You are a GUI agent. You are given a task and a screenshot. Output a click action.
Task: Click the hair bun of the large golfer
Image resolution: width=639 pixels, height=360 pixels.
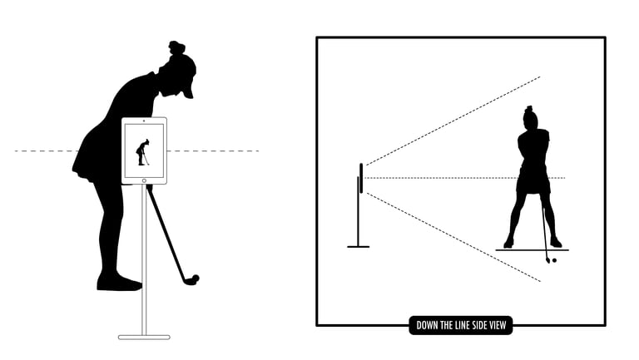(176, 47)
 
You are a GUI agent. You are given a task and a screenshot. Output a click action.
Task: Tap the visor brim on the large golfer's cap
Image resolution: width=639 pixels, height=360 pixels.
(190, 91)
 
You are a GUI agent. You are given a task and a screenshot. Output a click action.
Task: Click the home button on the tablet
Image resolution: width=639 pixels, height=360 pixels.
(144, 178)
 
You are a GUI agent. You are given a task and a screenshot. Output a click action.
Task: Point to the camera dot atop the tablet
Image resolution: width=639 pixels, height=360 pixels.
(144, 121)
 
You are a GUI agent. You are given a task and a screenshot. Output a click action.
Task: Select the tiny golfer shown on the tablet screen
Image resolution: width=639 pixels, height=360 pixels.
(143, 152)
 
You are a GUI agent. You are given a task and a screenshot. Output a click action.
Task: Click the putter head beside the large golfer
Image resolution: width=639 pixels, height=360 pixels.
(192, 279)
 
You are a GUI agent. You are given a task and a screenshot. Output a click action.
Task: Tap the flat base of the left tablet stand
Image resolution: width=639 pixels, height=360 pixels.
(144, 337)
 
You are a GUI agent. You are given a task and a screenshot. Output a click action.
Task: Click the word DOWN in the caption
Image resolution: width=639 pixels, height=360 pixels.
(428, 326)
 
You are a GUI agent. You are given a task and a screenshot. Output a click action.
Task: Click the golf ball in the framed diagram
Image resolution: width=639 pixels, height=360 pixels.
(553, 260)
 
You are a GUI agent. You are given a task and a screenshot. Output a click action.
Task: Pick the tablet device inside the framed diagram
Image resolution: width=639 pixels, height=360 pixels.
(361, 178)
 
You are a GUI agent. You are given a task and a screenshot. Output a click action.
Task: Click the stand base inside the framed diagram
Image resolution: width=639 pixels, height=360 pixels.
(359, 246)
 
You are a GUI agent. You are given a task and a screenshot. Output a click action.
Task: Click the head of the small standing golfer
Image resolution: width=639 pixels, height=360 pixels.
(530, 119)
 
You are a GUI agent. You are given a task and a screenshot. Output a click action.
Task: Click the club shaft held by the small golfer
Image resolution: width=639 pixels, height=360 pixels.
(545, 229)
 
